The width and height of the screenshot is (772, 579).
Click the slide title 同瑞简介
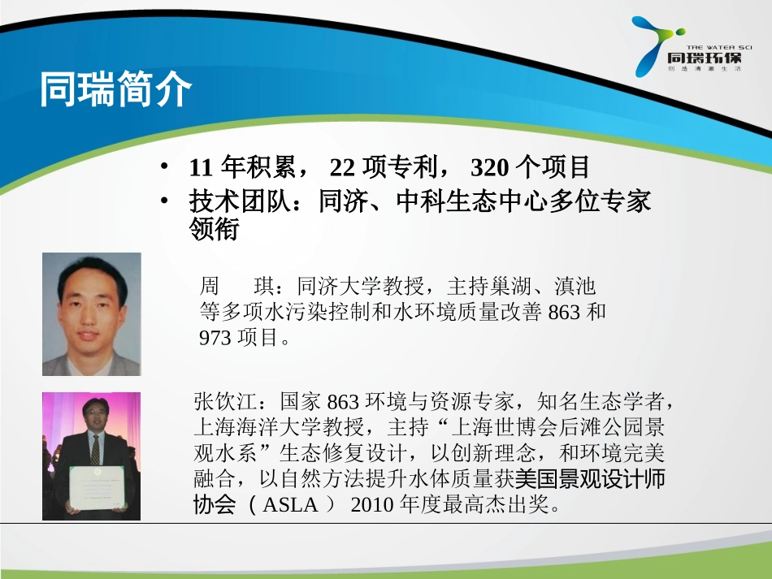pyautogui.click(x=116, y=90)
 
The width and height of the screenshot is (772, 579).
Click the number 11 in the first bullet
pyautogui.click(x=202, y=168)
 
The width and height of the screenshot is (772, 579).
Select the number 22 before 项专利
pyautogui.click(x=342, y=168)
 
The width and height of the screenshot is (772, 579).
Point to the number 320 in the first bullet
pyautogui.click(x=489, y=168)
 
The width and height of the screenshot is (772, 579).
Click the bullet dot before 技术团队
pyautogui.click(x=165, y=200)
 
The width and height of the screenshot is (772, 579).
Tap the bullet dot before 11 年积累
pyautogui.click(x=165, y=167)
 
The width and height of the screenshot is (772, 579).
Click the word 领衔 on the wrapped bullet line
pyautogui.click(x=214, y=231)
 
